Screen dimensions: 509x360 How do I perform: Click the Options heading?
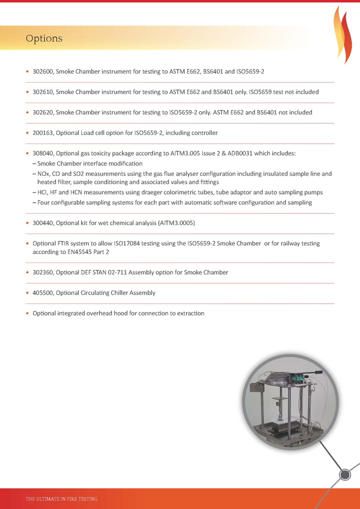(44, 39)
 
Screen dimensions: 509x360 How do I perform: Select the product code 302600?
(42, 71)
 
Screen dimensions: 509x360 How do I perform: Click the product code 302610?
(42, 92)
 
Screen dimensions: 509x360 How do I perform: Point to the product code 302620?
(42, 112)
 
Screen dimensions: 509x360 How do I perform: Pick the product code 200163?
(42, 133)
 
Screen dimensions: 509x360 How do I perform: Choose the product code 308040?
(42, 153)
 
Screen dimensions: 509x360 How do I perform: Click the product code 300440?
(42, 223)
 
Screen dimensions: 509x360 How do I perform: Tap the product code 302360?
(42, 272)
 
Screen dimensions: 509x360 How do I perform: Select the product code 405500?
(42, 293)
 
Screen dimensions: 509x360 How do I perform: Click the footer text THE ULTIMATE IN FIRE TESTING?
(61, 499)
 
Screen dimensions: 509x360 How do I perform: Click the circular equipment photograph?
(290, 402)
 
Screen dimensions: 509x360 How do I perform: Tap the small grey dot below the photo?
(345, 475)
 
